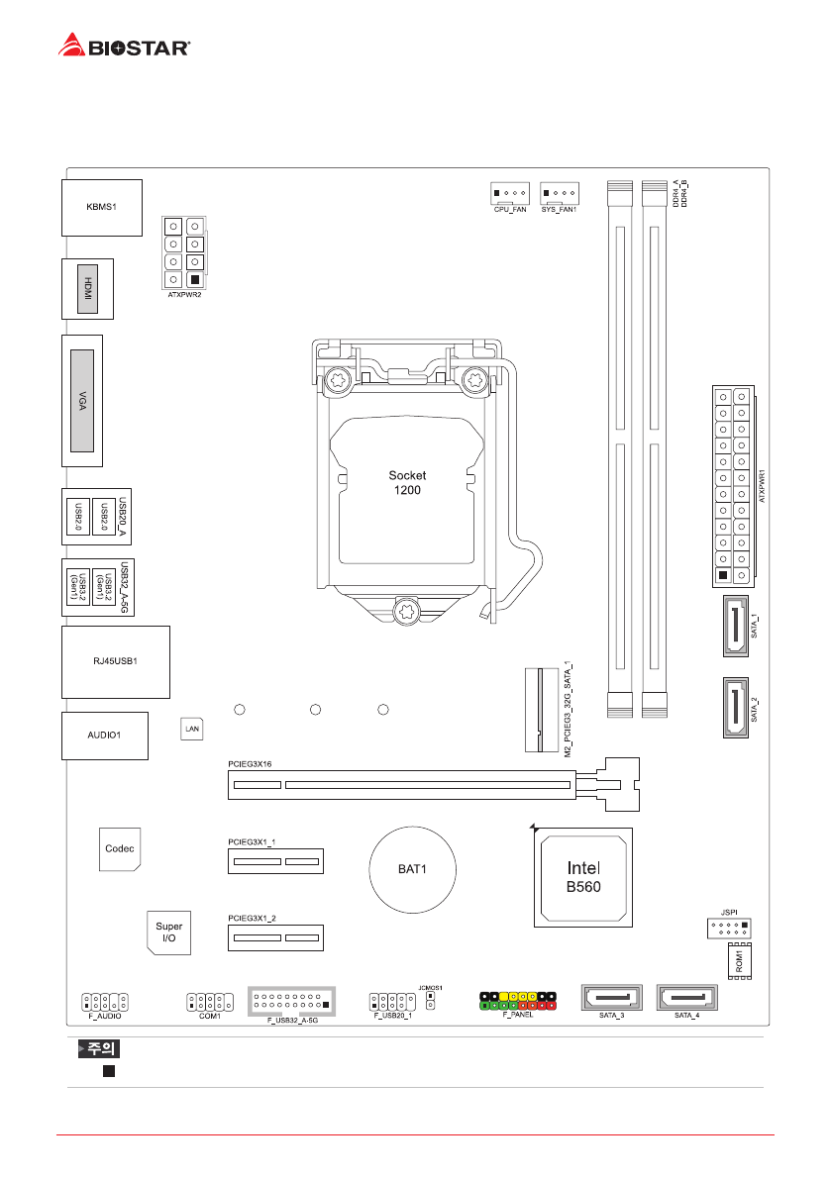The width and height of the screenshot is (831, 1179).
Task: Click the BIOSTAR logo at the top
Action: pyautogui.click(x=124, y=46)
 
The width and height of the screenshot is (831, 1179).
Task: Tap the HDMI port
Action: pyautogui.click(x=87, y=289)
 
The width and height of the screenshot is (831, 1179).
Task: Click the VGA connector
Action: pyautogui.click(x=84, y=401)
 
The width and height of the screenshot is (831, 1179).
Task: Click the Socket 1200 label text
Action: pyautogui.click(x=407, y=483)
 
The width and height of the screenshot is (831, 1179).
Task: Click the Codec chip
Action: pyautogui.click(x=120, y=849)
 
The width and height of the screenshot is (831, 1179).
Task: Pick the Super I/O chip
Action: pyautogui.click(x=168, y=932)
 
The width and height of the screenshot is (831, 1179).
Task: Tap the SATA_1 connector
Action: pyautogui.click(x=734, y=628)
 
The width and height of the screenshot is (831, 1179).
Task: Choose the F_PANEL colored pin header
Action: pyautogui.click(x=519, y=1000)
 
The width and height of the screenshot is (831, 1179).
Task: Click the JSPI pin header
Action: pyautogui.click(x=728, y=929)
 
